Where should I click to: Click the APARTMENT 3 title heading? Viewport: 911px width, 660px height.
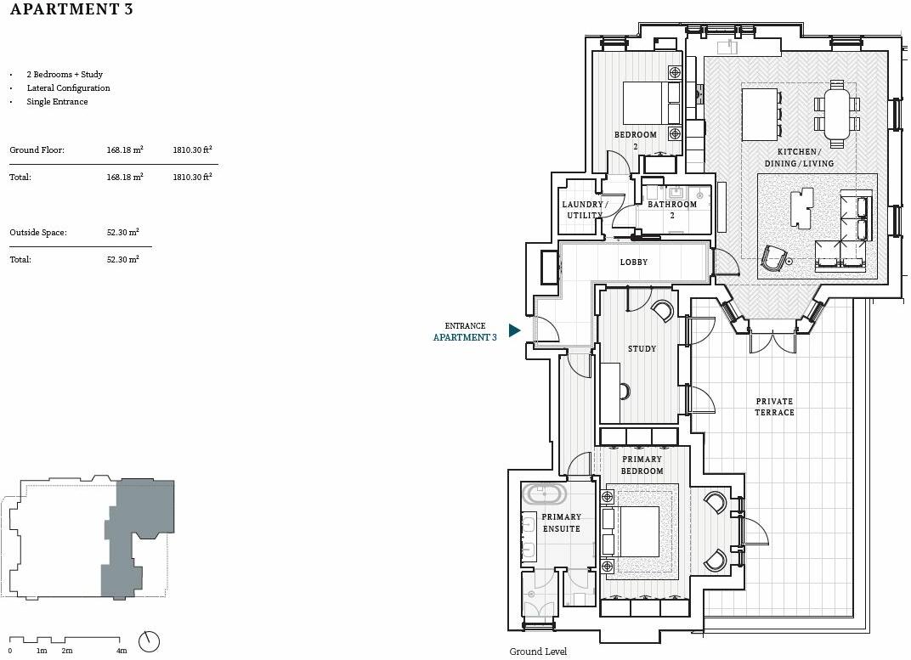pos(71,11)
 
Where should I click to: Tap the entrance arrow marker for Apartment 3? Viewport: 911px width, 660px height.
pos(514,330)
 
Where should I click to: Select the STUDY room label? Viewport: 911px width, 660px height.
pos(642,348)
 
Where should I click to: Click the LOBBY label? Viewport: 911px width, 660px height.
pos(633,262)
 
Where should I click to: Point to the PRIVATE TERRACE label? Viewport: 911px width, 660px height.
pos(774,407)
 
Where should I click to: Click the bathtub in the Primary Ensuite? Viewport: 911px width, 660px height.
pos(542,494)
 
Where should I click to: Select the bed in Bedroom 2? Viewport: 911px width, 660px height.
pos(650,103)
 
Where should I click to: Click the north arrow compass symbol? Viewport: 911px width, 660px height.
pos(149,641)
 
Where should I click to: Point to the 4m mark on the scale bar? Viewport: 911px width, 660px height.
pos(122,650)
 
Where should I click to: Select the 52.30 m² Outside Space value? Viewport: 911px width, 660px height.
pos(123,232)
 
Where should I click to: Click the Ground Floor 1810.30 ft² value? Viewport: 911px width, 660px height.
pos(192,149)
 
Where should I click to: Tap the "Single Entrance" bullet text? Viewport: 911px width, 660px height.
pos(57,102)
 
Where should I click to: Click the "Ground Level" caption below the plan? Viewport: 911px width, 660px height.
pos(538,652)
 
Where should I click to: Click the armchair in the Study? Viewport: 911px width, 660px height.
pos(663,310)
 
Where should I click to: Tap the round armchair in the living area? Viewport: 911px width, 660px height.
pos(774,258)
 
